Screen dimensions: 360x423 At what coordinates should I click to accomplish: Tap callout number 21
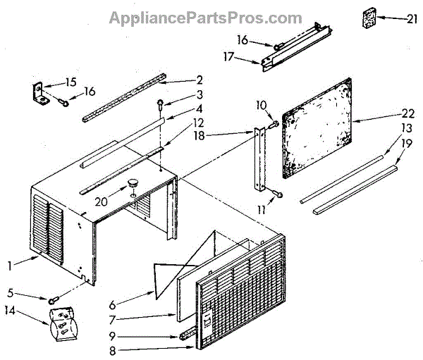tap(412, 19)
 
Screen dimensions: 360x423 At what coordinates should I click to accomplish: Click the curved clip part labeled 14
tap(61, 322)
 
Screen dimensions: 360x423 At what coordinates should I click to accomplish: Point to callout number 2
tap(200, 80)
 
